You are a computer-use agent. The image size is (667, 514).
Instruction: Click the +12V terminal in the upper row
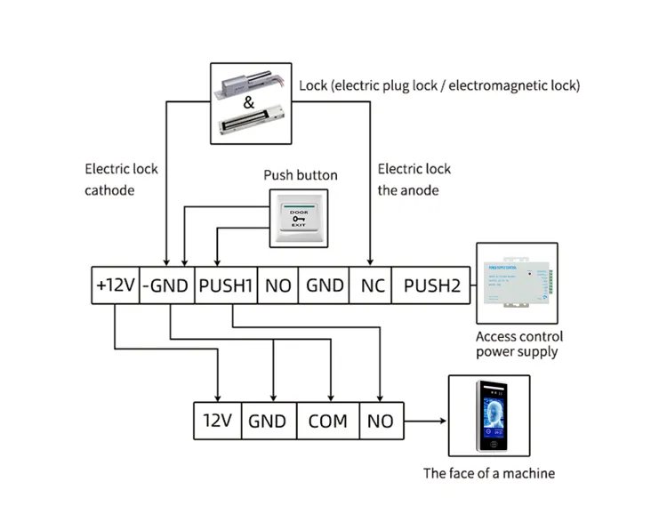116,285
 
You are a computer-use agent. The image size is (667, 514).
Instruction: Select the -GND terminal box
165,285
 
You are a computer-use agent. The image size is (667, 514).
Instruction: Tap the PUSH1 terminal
226,285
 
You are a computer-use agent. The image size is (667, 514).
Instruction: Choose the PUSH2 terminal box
431,285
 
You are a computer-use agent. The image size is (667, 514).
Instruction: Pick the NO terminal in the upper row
277,285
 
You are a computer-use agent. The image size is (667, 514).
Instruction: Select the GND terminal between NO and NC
325,285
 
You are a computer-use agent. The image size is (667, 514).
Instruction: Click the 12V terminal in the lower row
217,421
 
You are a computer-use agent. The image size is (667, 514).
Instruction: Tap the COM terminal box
327,421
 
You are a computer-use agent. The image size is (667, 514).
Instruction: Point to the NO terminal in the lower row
380,421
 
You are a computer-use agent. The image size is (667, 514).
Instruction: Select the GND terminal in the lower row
268,421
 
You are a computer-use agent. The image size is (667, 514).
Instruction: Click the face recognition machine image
491,419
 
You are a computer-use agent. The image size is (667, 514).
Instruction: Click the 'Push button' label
301,175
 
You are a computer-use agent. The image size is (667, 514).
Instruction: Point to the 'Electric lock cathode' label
122,179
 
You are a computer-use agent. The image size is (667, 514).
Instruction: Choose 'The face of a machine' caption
488,473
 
